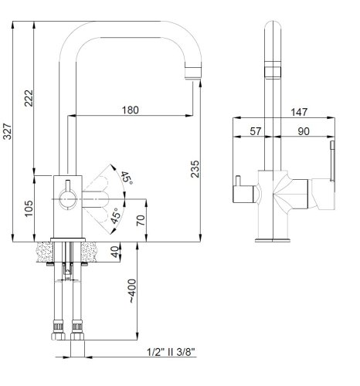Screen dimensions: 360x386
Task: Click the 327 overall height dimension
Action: tap(7, 131)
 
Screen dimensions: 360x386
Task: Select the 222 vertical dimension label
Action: tap(29, 98)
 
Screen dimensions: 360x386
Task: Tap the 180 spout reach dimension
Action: tap(130, 110)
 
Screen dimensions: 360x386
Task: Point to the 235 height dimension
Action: tap(195, 169)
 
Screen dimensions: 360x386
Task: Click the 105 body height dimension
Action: tap(29, 208)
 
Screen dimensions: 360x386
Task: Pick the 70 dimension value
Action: tap(141, 221)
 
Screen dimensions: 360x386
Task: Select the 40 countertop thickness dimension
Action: tap(115, 252)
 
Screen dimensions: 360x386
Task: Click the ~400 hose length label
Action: tap(132, 291)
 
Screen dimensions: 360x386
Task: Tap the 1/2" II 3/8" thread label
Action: tap(171, 352)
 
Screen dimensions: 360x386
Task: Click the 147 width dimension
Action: tap(299, 112)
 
